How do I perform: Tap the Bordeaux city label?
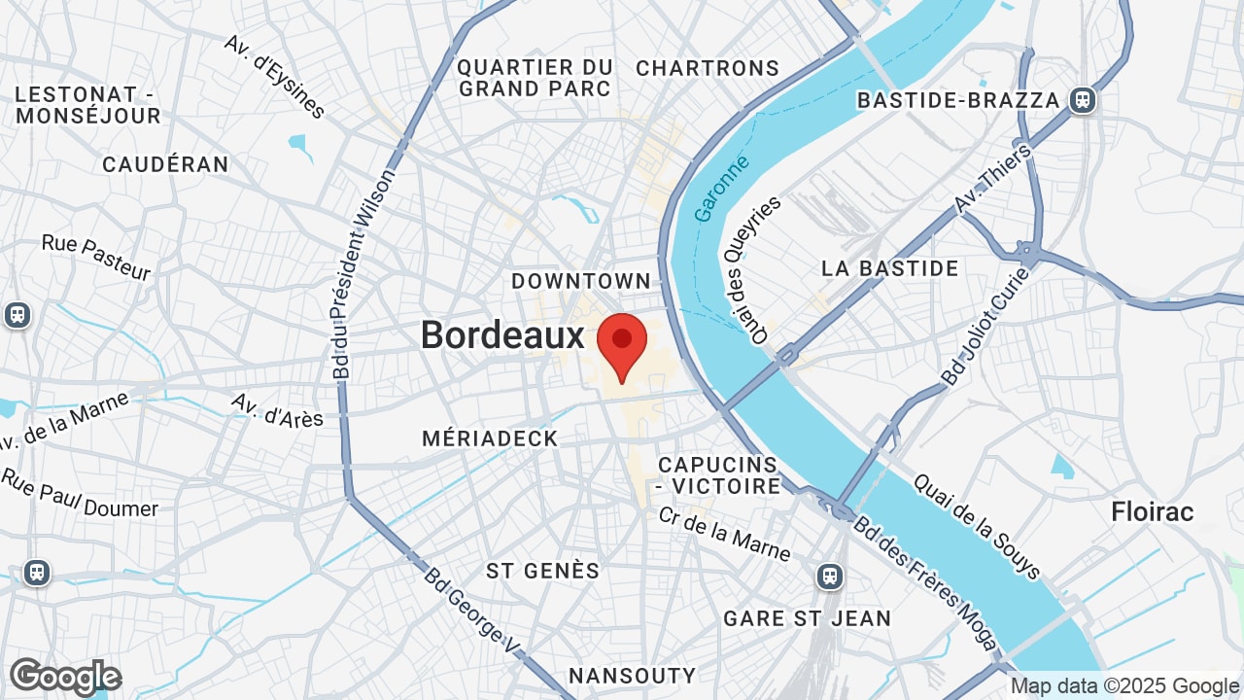pyautogui.click(x=502, y=335)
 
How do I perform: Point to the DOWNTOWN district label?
pyautogui.click(x=581, y=281)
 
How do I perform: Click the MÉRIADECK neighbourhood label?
pyautogui.click(x=490, y=438)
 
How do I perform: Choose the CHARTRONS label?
pyautogui.click(x=708, y=68)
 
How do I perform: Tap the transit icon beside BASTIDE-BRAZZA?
pyautogui.click(x=1082, y=99)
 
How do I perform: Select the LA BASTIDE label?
pyautogui.click(x=889, y=268)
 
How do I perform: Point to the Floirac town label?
pyautogui.click(x=1153, y=511)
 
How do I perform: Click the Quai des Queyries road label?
pyautogui.click(x=753, y=269)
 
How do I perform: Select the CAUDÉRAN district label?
pyautogui.click(x=165, y=164)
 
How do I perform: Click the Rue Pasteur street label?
pyautogui.click(x=96, y=258)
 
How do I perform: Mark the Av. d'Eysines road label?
pyautogui.click(x=274, y=77)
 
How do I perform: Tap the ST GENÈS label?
pyautogui.click(x=543, y=571)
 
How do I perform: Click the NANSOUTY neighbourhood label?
pyautogui.click(x=632, y=676)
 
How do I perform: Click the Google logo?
pyautogui.click(x=65, y=677)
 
